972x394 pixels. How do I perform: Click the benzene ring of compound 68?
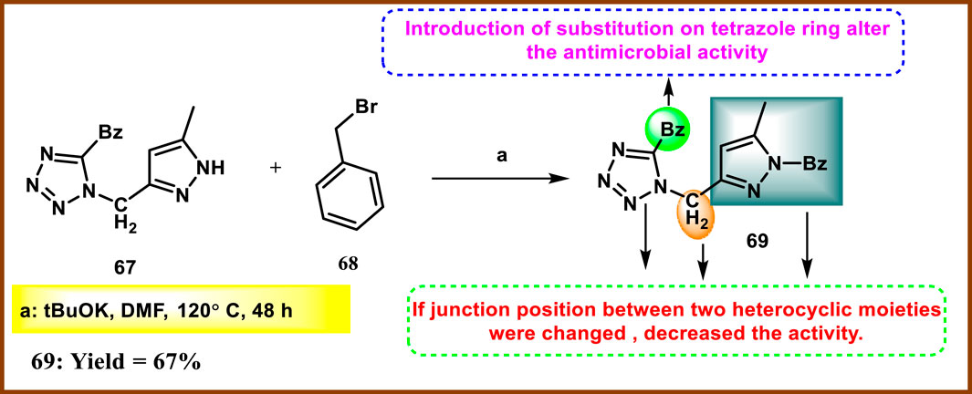click(346, 193)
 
